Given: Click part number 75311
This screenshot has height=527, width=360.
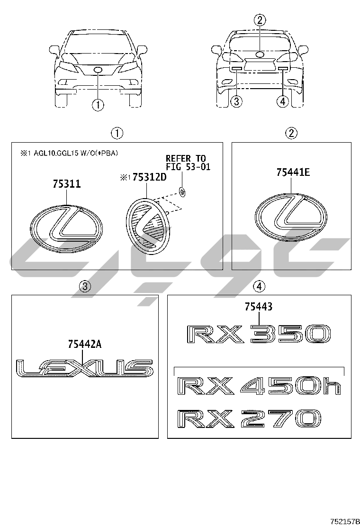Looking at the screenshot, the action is pos(66,184).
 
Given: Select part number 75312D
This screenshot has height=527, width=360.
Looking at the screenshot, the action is pos(149,177).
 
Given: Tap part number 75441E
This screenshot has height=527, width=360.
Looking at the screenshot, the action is pos(293,173).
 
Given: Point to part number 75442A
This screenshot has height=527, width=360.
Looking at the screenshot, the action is pos(85,344).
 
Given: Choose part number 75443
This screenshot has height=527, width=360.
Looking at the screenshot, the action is pos(259,307).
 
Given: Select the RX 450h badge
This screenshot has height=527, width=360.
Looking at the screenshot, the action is pos(260,387).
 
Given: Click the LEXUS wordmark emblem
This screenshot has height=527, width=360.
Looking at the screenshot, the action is pos(85,368).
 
